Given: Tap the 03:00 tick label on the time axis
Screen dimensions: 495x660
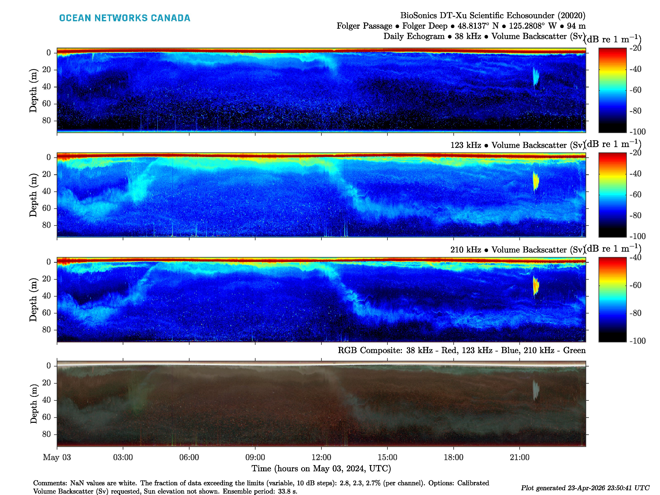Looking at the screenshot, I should [x=123, y=457].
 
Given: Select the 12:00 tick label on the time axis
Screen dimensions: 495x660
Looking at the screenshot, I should [x=321, y=457].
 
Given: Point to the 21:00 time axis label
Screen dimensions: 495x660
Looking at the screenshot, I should [x=520, y=457].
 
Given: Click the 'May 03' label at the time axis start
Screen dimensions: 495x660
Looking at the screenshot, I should [x=57, y=457].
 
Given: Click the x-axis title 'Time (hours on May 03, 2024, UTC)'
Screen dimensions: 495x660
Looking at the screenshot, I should [x=321, y=468].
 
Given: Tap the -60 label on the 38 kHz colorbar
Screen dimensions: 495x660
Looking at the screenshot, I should [x=635, y=90].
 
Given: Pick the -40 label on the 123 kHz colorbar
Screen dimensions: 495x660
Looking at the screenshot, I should [x=635, y=174].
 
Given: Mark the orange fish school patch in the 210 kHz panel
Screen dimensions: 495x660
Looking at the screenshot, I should [x=536, y=285].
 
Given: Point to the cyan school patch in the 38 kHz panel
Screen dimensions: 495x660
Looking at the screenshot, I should [x=536, y=76].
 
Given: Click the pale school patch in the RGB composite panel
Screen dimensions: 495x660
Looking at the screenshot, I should [x=536, y=390].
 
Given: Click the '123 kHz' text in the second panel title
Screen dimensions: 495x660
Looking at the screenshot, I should [x=466, y=145].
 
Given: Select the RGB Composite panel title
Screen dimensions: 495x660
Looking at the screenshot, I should [x=461, y=350].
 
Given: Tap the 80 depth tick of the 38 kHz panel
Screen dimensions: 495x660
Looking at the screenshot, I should [x=47, y=120].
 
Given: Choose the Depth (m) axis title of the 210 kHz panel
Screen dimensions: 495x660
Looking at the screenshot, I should [x=33, y=299].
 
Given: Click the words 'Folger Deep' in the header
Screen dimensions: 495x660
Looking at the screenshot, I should [x=425, y=26].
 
